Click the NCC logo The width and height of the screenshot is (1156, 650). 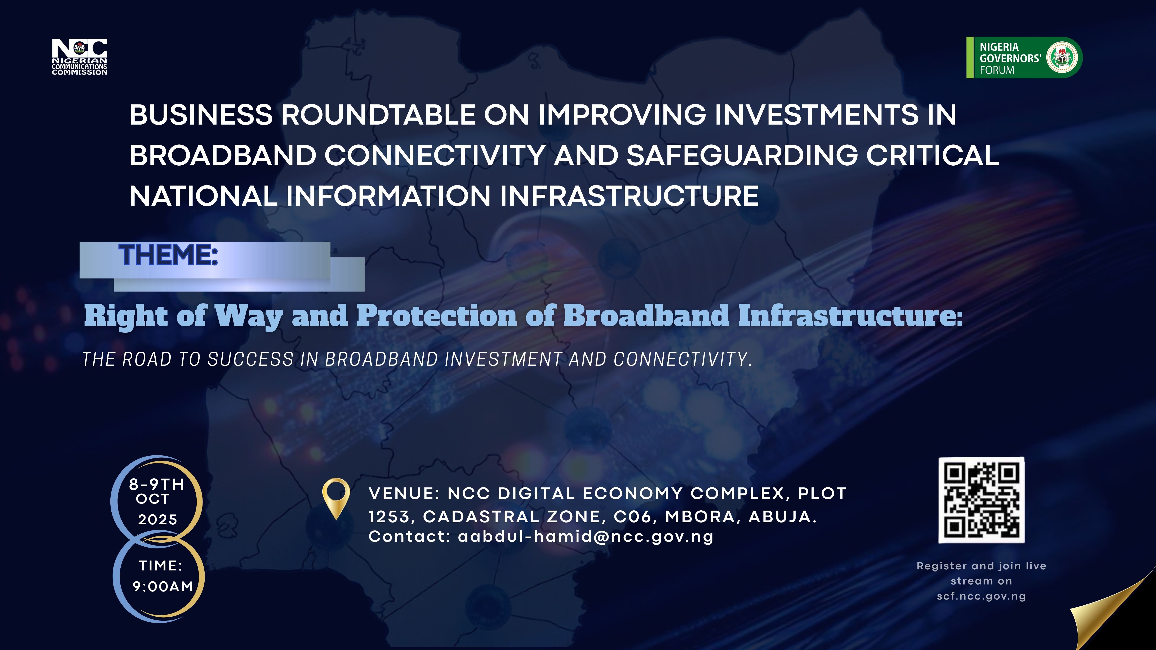pyautogui.click(x=79, y=57)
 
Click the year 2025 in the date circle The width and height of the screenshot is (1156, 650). pyautogui.click(x=157, y=519)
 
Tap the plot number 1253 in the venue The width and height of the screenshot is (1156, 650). pyautogui.click(x=389, y=517)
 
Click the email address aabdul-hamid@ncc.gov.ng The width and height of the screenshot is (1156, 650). pyautogui.click(x=586, y=537)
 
